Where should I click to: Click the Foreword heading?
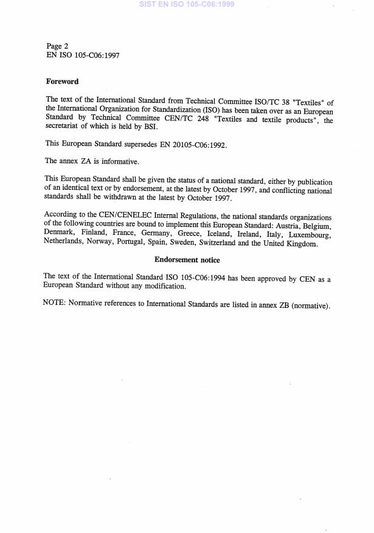click(x=63, y=81)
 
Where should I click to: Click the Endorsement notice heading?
click(x=187, y=260)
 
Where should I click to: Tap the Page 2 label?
click(x=58, y=46)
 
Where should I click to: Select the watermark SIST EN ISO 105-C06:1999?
click(x=187, y=4)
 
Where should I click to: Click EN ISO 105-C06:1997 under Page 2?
click(x=83, y=55)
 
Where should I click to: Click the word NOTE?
click(x=54, y=304)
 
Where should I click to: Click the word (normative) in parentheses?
click(x=310, y=304)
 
